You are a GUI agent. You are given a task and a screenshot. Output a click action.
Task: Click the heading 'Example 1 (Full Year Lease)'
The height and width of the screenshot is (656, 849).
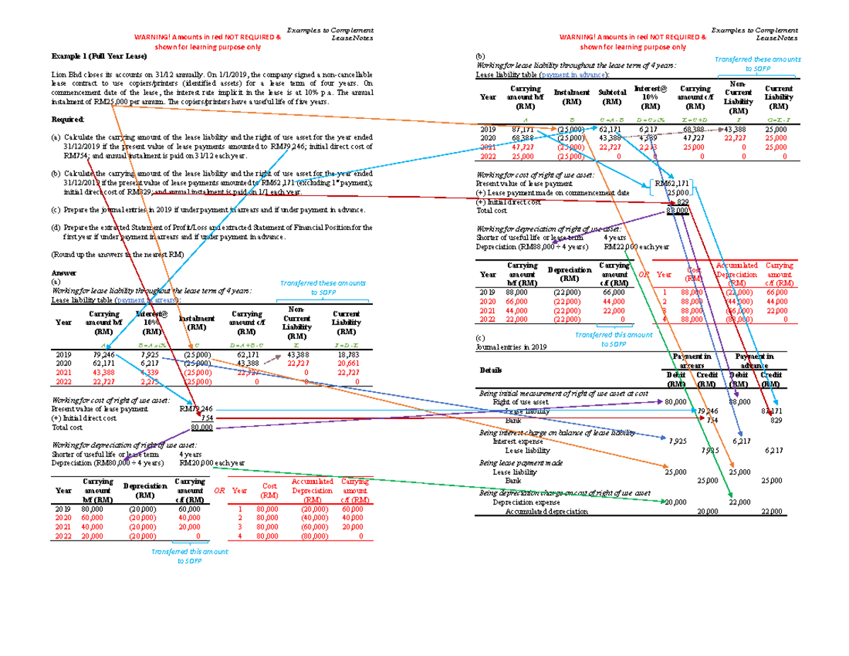(93, 56)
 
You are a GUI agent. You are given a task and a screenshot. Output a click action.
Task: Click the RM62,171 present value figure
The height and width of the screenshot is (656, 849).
(670, 184)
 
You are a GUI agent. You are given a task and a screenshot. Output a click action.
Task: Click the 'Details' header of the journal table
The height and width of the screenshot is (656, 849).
(492, 370)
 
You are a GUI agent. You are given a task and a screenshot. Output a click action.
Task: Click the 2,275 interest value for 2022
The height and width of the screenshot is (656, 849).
(150, 381)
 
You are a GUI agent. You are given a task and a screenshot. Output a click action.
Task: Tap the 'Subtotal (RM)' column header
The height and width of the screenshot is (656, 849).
(609, 97)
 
